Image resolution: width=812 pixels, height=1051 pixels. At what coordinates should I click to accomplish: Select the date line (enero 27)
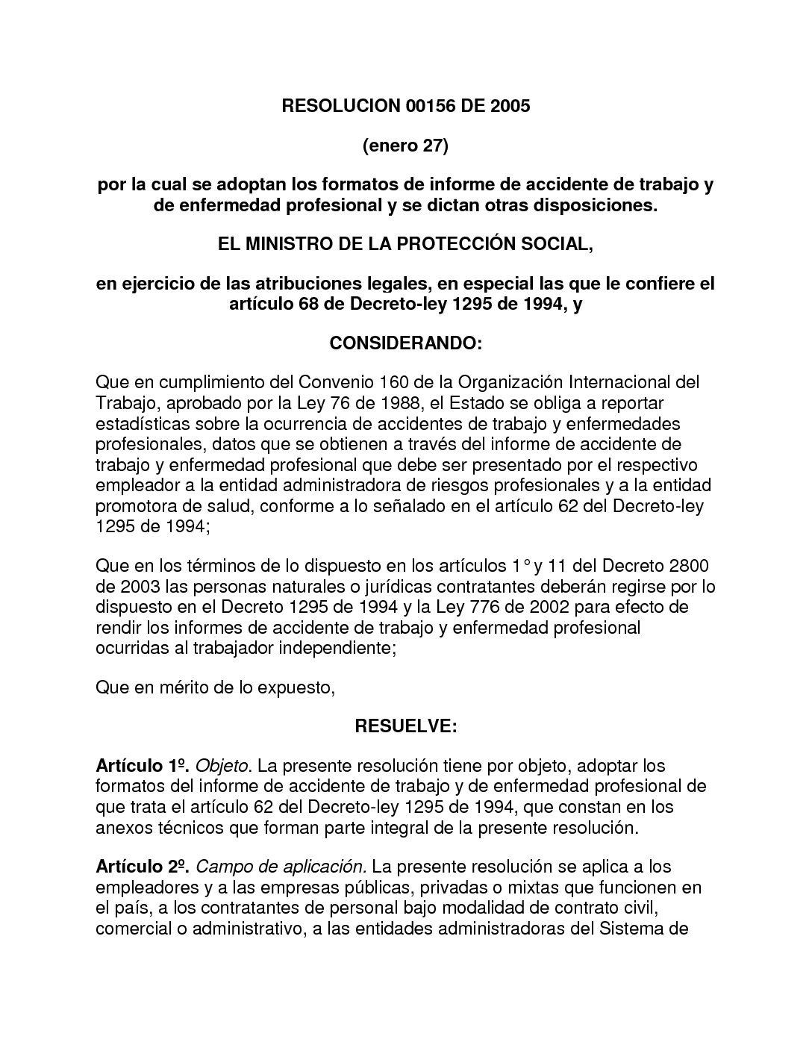tap(405, 146)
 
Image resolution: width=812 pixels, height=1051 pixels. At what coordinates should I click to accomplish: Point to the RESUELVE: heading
tap(405, 726)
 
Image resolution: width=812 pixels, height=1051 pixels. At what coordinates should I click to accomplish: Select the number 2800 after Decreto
tap(690, 567)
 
